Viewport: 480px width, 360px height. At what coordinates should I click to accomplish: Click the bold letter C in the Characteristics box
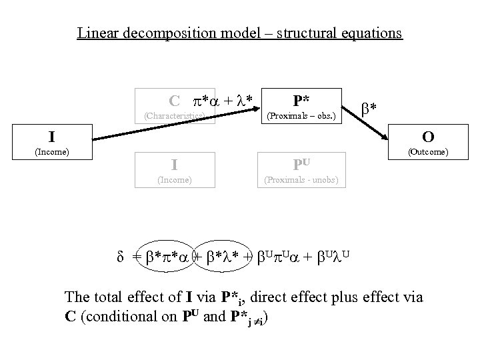tap(174, 101)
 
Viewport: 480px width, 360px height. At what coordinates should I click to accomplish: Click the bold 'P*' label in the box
tap(301, 100)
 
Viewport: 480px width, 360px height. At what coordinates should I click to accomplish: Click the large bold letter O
tap(428, 137)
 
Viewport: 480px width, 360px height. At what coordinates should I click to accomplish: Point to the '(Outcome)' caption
tap(428, 152)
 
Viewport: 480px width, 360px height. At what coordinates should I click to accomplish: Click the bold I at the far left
tap(51, 138)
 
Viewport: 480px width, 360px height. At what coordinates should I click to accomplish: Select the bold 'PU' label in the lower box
tap(301, 164)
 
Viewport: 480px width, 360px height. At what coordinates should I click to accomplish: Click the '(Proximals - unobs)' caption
tap(301, 179)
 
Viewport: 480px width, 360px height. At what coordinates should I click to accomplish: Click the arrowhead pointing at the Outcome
tap(387, 137)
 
